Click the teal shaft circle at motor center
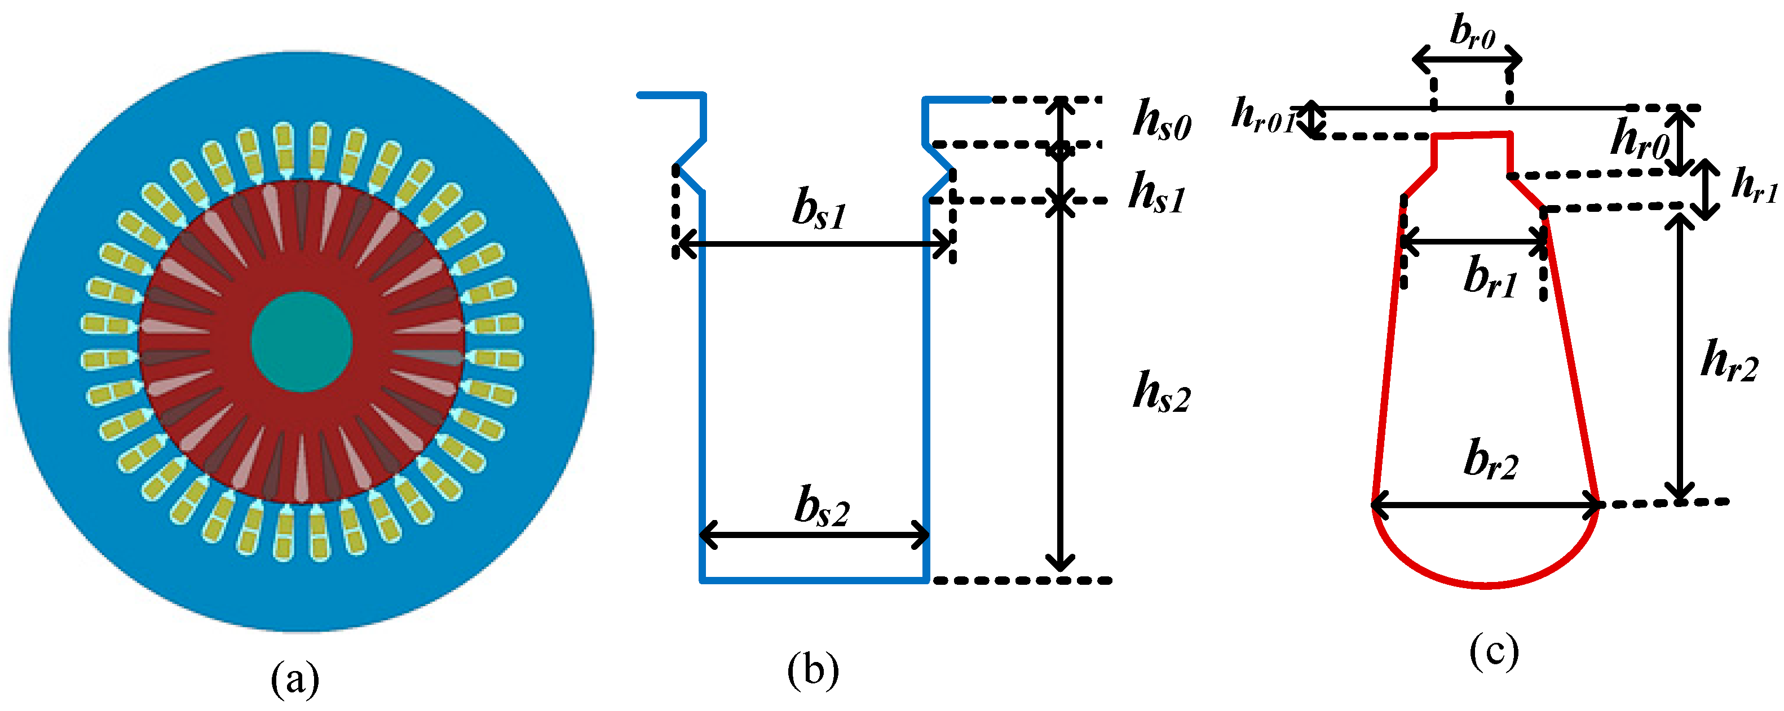pyautogui.click(x=302, y=341)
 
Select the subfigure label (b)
pyautogui.click(x=813, y=670)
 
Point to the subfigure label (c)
pyautogui.click(x=1494, y=651)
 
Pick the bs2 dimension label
pyautogui.click(x=822, y=508)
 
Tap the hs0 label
pyautogui.click(x=1162, y=121)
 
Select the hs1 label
pyautogui.click(x=1156, y=193)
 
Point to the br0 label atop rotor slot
pyautogui.click(x=1472, y=33)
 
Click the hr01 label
pyautogui.click(x=1262, y=115)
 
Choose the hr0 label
pyautogui.click(x=1639, y=139)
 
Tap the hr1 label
pyautogui.click(x=1753, y=185)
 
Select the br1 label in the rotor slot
pyautogui.click(x=1490, y=278)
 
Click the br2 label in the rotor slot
pyautogui.click(x=1490, y=460)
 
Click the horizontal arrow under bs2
pyautogui.click(x=814, y=535)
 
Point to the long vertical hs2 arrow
pyautogui.click(x=1060, y=388)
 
